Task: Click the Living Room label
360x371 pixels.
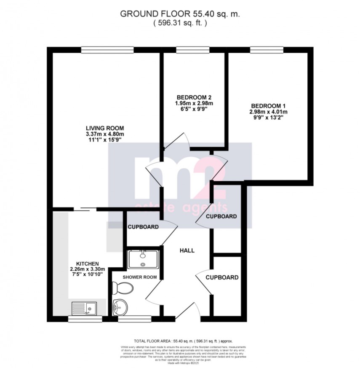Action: pos(105,128)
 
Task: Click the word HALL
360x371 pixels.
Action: pos(187,250)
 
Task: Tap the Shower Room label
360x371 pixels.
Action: pos(140,277)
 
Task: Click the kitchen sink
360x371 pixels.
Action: pos(84,309)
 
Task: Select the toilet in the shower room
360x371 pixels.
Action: pos(124,289)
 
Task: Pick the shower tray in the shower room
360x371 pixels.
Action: pos(143,259)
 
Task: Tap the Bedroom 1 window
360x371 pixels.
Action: pos(268,50)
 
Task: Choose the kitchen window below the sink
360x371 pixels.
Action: pos(85,319)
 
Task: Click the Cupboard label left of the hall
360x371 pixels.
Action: pos(143,227)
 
